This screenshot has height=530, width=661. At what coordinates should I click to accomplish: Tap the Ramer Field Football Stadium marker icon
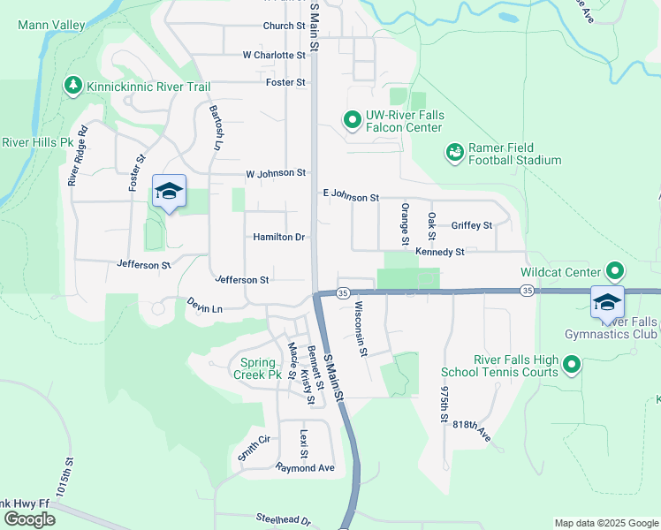click(x=455, y=153)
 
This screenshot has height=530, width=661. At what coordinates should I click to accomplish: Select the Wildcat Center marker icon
click(x=615, y=271)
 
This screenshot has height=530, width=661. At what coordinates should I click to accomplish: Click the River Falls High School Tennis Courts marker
click(x=572, y=364)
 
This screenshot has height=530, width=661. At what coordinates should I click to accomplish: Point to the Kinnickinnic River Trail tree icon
click(x=72, y=86)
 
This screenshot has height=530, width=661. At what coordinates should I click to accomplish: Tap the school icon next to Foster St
click(x=169, y=192)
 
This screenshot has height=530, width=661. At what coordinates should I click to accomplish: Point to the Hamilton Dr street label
click(x=278, y=238)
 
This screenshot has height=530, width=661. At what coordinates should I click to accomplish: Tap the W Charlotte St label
click(x=274, y=55)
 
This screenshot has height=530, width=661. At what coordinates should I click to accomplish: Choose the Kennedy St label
click(x=439, y=253)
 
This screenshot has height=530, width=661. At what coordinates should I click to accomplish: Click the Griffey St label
click(x=471, y=226)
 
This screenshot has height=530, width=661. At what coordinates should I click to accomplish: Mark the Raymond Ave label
click(x=305, y=467)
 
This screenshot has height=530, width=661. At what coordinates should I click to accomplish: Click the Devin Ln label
click(x=205, y=305)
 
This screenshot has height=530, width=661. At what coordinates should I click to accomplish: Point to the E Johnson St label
click(x=351, y=196)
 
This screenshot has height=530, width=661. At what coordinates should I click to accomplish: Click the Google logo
click(x=28, y=519)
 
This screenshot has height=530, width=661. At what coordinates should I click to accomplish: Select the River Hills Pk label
click(x=37, y=141)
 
